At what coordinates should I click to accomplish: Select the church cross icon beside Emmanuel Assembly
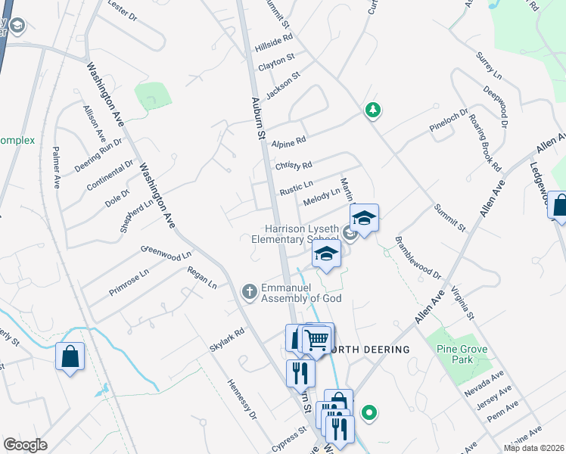pyautogui.click(x=249, y=291)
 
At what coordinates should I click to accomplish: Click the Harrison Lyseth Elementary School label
pyautogui.click(x=300, y=234)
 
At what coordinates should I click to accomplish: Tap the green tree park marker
pyautogui.click(x=372, y=111)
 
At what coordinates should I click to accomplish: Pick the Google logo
pyautogui.click(x=25, y=444)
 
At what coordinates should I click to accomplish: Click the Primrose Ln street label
pyautogui.click(x=130, y=281)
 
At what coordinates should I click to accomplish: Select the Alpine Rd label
pyautogui.click(x=289, y=141)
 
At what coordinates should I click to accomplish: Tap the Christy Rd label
pyautogui.click(x=294, y=166)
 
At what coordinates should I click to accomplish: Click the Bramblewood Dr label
pyautogui.click(x=418, y=260)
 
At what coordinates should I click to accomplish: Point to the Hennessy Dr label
pyautogui.click(x=242, y=400)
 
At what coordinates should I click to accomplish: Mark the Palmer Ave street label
pyautogui.click(x=56, y=168)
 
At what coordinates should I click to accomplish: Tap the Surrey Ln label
pyautogui.click(x=489, y=66)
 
